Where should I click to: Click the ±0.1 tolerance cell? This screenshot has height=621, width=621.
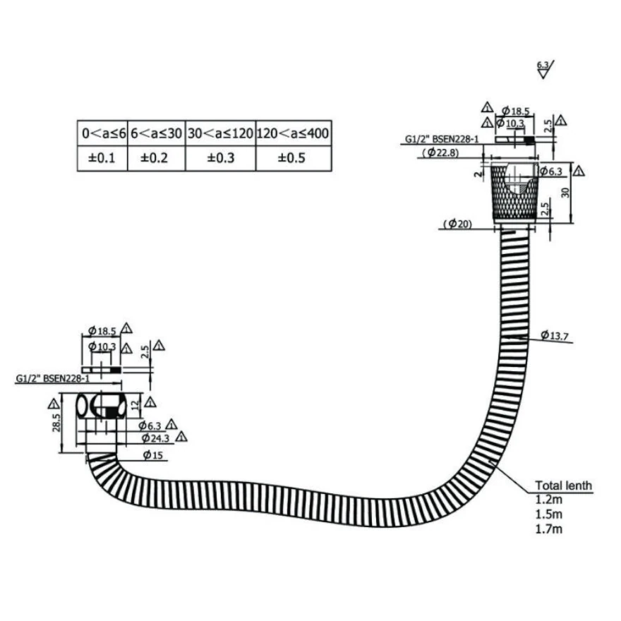(x=102, y=157)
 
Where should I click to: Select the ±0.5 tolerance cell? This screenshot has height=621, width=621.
(x=293, y=157)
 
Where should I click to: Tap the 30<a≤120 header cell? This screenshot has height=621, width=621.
(x=220, y=133)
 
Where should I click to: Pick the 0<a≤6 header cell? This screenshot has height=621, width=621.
(x=102, y=133)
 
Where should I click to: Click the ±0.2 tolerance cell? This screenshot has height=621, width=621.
(x=156, y=157)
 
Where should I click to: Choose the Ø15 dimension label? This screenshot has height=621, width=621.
(x=153, y=455)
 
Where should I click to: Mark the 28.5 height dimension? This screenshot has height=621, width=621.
(x=58, y=423)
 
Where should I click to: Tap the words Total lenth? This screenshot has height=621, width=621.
(x=563, y=486)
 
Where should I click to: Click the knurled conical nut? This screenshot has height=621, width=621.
(x=514, y=192)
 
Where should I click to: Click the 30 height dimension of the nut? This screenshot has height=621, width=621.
(x=565, y=192)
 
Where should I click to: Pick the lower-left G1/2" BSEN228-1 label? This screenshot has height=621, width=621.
(x=50, y=378)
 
